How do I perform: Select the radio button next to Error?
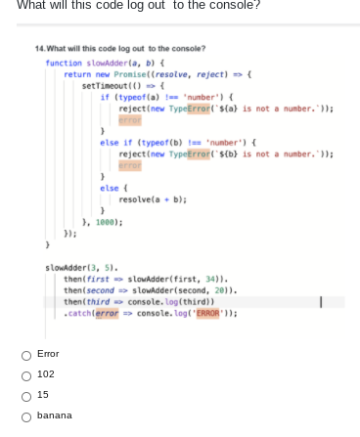coord(25,354)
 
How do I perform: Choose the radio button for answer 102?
coord(25,374)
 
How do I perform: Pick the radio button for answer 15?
coord(25,395)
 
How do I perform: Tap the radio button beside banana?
coord(25,415)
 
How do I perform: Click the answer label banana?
coord(55,415)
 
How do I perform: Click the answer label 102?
coord(45,374)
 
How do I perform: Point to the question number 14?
coord(38,48)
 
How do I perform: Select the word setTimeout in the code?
coord(103,85)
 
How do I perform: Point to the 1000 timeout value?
coord(108,222)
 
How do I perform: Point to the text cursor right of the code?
coord(309,302)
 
